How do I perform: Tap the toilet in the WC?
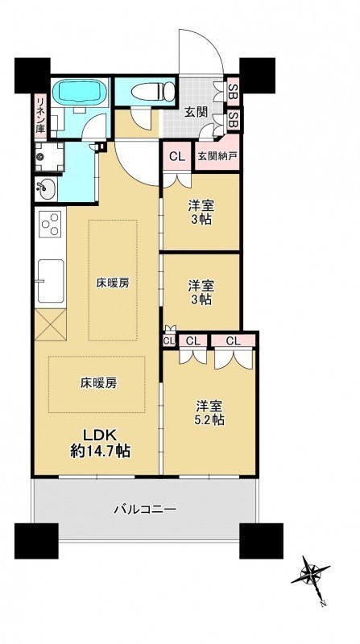153,91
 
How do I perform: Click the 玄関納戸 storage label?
216,156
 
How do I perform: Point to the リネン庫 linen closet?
42,116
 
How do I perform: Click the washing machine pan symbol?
49,157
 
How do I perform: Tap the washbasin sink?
45,190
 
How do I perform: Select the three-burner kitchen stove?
50,224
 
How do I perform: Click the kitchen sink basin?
50,281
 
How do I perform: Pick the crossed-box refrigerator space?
50,325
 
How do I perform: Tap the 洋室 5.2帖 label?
209,413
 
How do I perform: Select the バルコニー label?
145,510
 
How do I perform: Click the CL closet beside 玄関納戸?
177,156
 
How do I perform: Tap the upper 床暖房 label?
113,283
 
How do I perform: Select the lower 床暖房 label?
98,384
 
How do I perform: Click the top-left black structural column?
32,76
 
